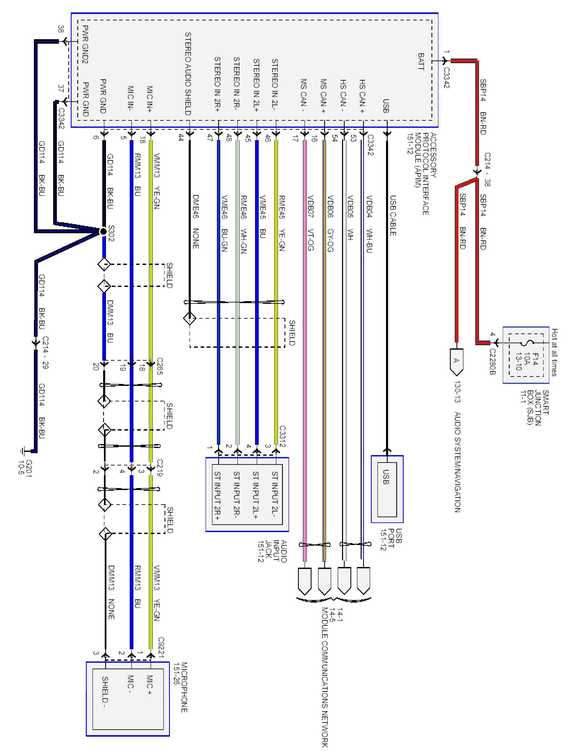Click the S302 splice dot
coord(103,231)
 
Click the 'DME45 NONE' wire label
coord(195,222)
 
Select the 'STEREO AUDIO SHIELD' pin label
coord(188,74)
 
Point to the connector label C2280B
coord(492,362)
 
